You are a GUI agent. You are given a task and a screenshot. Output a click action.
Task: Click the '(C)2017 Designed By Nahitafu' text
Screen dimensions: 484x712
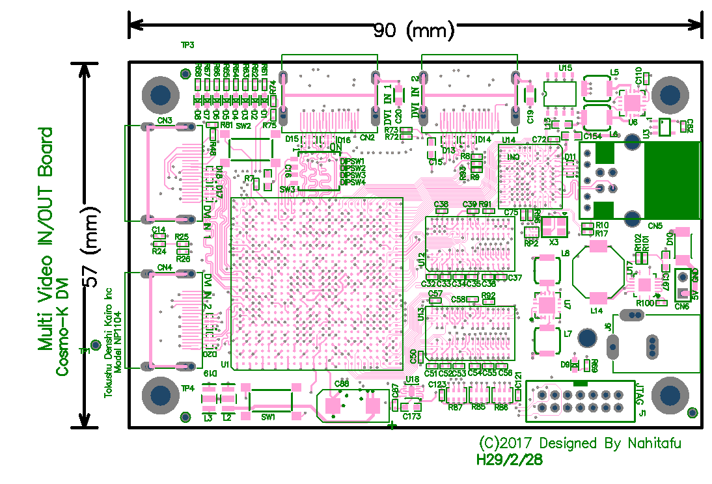click(580, 444)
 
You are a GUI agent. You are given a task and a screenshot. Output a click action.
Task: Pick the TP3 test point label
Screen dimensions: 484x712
click(187, 46)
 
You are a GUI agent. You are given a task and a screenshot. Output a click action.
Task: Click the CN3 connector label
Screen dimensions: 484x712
click(165, 121)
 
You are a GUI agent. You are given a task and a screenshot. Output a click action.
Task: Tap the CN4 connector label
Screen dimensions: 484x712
click(165, 267)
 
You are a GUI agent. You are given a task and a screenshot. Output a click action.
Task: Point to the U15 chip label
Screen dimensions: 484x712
click(565, 68)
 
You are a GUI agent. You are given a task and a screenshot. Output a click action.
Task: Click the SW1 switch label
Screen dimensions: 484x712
click(267, 416)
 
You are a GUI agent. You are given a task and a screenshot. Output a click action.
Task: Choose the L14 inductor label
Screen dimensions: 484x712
click(596, 312)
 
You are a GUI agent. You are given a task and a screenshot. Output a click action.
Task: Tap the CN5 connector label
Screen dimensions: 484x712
click(655, 226)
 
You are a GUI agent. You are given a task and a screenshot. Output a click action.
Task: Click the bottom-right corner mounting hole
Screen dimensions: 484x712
click(670, 395)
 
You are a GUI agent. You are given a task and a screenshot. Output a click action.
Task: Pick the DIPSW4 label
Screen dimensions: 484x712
click(353, 183)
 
